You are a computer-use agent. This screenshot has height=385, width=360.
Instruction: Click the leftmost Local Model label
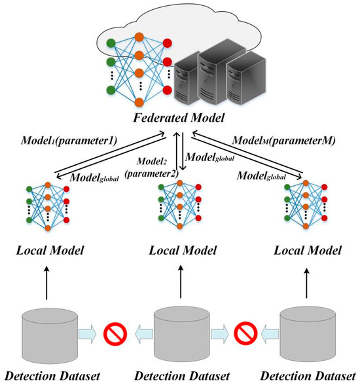coord(48,250)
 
